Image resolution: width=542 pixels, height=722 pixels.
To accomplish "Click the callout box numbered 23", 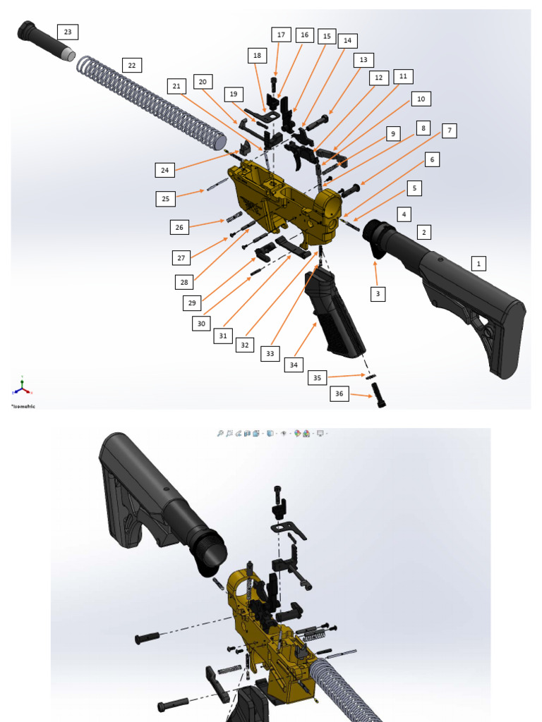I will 67,32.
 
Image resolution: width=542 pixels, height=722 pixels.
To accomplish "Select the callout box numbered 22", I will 131,65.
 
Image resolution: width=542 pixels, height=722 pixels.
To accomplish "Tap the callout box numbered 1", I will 478,264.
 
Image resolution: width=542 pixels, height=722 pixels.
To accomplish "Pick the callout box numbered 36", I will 339,393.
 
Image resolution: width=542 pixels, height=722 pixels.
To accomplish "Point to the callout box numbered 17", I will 281,35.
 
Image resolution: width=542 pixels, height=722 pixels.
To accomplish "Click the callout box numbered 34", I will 294,365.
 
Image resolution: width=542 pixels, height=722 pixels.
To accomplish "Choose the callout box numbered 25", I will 165,199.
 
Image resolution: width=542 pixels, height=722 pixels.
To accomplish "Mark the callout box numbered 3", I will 378,294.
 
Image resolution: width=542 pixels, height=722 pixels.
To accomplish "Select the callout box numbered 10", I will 421,99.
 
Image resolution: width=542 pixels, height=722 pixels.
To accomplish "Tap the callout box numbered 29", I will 191,303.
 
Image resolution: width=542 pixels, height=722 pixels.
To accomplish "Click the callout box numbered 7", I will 450,130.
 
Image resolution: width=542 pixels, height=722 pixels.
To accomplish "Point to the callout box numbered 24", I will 164,170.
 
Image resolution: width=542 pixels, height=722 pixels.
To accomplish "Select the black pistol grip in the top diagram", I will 335,310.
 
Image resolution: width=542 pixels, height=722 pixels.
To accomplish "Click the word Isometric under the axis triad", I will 24,406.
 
